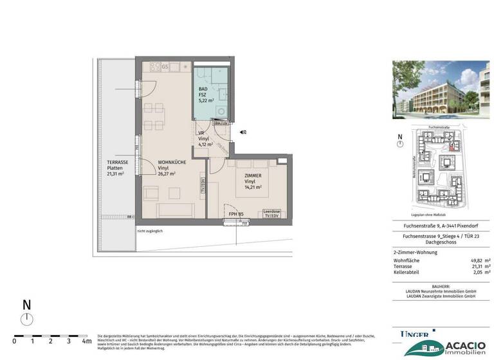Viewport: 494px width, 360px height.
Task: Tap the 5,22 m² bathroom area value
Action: point(206,102)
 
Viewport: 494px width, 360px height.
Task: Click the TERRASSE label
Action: point(118,162)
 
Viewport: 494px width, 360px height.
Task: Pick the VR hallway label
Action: point(201,132)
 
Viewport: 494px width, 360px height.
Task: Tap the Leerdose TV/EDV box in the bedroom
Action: point(271,213)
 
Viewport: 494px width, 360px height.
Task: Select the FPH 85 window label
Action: point(235,213)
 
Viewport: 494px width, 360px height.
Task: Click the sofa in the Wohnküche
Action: point(173,210)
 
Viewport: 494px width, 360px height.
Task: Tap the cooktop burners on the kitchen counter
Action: point(156,66)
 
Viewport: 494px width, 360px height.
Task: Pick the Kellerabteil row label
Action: point(410,272)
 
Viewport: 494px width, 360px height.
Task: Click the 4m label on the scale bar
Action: point(87,341)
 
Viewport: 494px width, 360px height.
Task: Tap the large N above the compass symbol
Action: point(26,305)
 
